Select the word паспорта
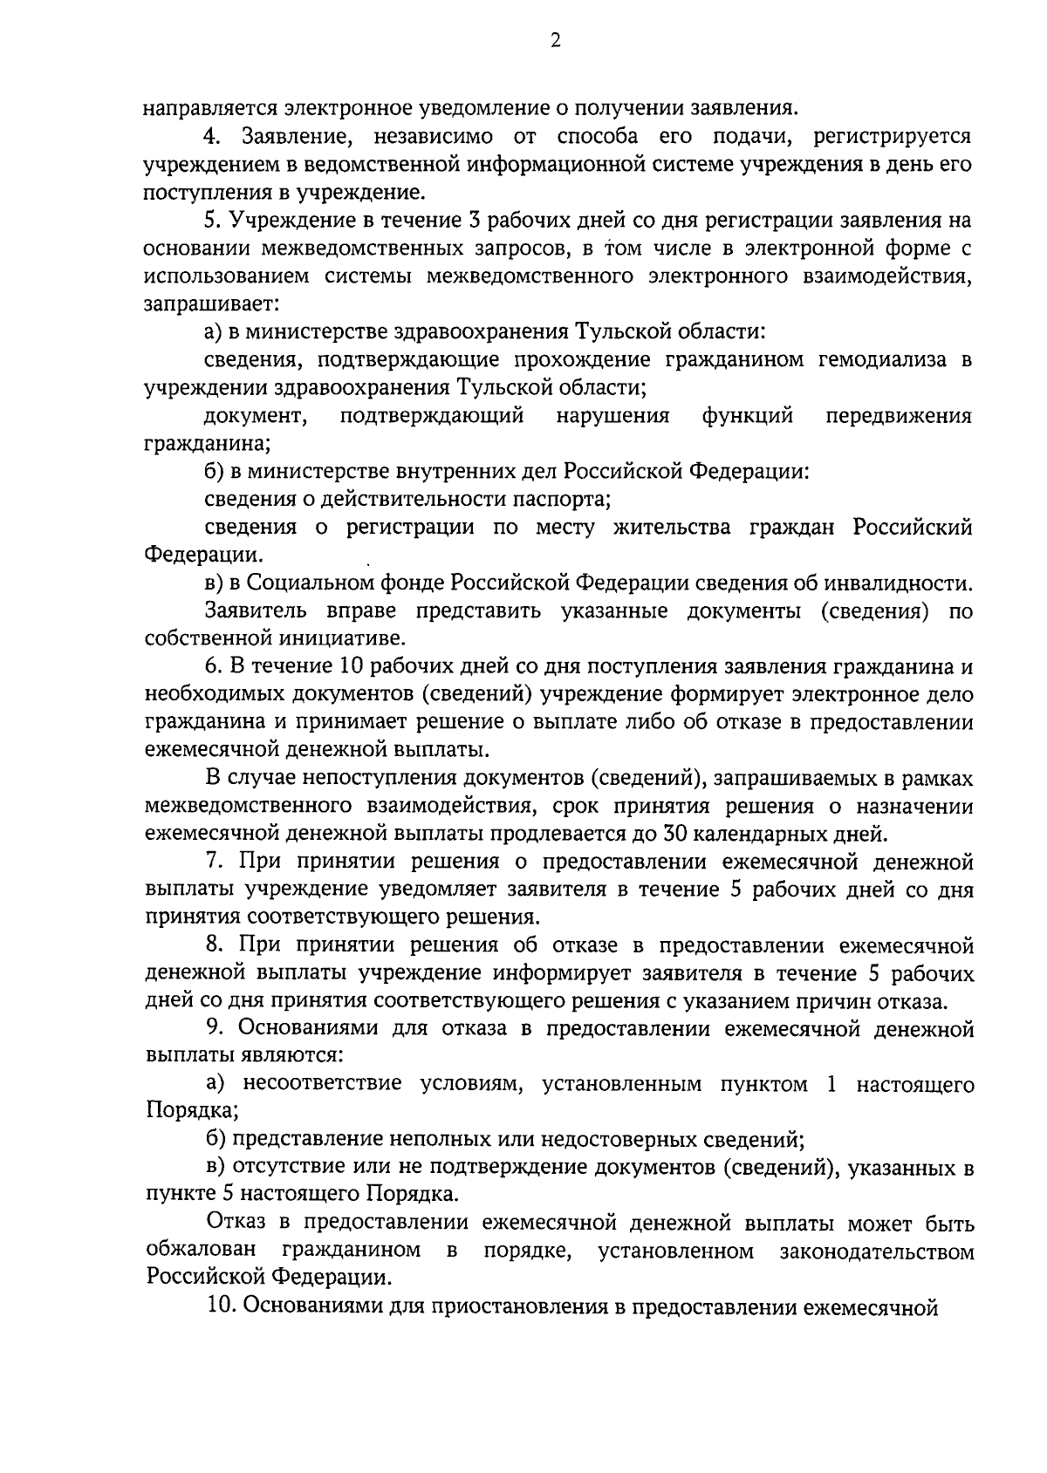pos(567,500)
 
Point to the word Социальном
pos(307,583)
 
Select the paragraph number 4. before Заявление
pos(212,137)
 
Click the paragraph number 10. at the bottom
pos(217,1307)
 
